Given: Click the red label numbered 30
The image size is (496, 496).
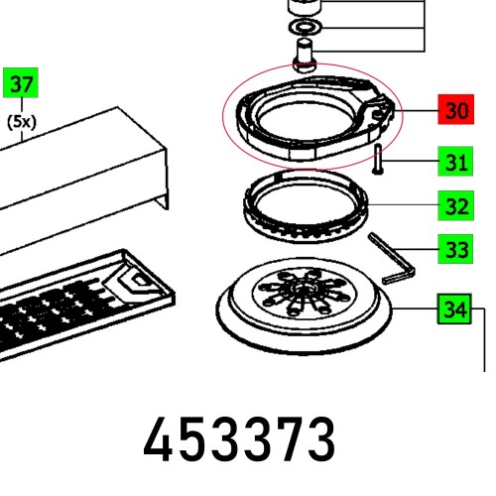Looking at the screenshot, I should point(456,110).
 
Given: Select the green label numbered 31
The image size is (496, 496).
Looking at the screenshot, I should point(456,162).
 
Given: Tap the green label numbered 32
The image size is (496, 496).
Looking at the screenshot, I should point(456,206).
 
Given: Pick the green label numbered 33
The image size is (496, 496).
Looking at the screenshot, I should point(456,249).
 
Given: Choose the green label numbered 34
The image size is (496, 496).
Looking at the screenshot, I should point(456,310).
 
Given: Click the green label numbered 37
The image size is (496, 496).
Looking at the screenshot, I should point(21,85).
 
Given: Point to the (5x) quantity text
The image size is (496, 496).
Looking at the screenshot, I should point(21,123).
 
